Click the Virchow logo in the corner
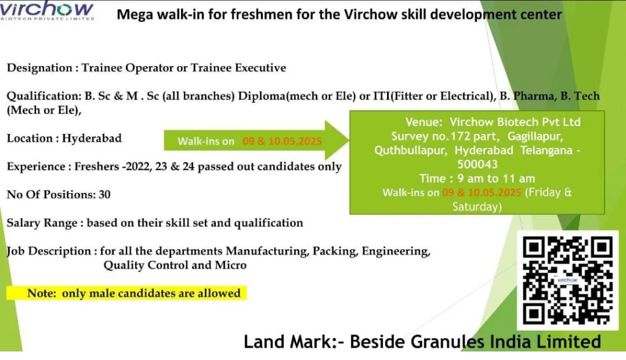[x=47, y=10]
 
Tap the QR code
[x=568, y=280]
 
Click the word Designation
[x=40, y=68]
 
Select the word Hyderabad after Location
[x=92, y=138]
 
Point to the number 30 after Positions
[x=105, y=194]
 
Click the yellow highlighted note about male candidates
[x=127, y=293]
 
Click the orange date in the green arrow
[x=282, y=141]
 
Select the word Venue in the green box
[x=424, y=122]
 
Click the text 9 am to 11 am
[x=496, y=178]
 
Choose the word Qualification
[x=44, y=96]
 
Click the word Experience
[x=36, y=166]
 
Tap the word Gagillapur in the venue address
[x=535, y=136]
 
